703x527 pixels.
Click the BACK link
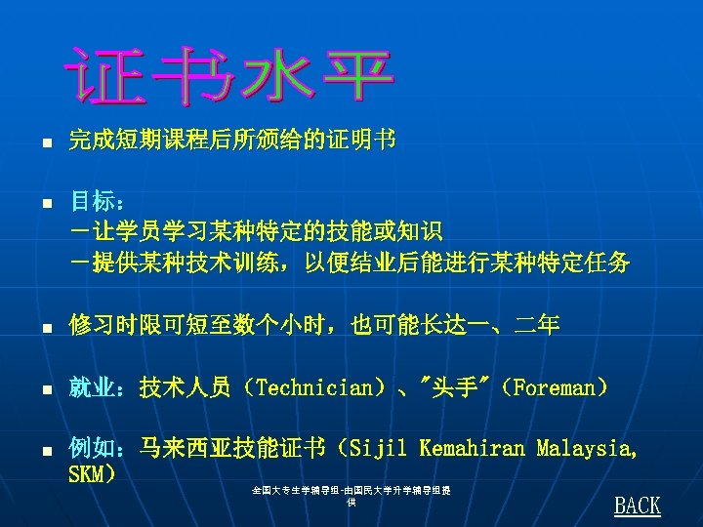[x=638, y=506]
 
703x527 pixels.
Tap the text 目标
[x=91, y=203]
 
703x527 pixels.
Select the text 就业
[x=91, y=388]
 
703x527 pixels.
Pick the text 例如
[x=91, y=449]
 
